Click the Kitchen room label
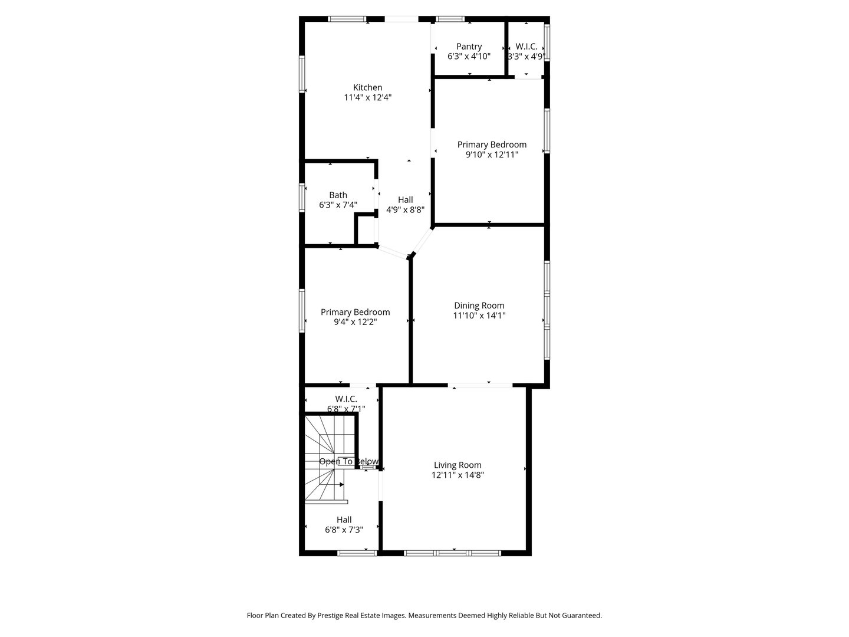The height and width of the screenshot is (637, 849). pyautogui.click(x=367, y=87)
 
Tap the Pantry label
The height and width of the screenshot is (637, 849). pyautogui.click(x=469, y=47)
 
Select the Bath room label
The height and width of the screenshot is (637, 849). pyautogui.click(x=338, y=195)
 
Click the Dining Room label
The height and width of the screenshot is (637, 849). pyautogui.click(x=479, y=305)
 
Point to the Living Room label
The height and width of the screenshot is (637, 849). pyautogui.click(x=458, y=465)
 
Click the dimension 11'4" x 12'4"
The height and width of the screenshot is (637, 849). pyautogui.click(x=368, y=97)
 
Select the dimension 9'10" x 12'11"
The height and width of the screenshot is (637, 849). pyautogui.click(x=492, y=155)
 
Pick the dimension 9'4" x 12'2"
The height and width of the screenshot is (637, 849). pyautogui.click(x=355, y=322)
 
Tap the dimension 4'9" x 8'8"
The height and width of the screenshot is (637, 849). pyautogui.click(x=405, y=209)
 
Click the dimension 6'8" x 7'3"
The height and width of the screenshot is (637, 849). pyautogui.click(x=344, y=530)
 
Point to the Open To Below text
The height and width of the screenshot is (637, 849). pyautogui.click(x=348, y=461)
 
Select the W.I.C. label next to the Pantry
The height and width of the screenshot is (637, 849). pyautogui.click(x=526, y=47)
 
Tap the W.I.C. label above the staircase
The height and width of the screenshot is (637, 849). pyautogui.click(x=346, y=399)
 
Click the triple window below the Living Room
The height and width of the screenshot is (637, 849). pyautogui.click(x=452, y=553)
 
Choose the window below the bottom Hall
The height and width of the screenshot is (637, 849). pyautogui.click(x=357, y=553)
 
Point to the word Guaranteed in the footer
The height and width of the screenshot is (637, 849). pyautogui.click(x=579, y=615)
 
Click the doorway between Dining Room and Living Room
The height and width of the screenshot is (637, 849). pyautogui.click(x=480, y=385)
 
